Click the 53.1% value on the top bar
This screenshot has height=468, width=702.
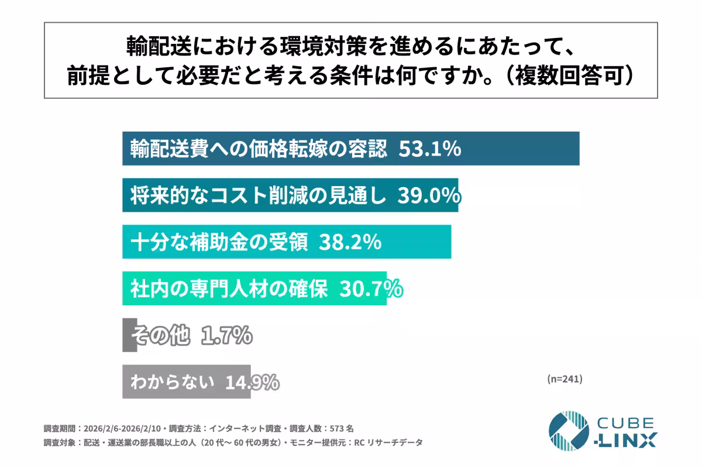tap(430, 149)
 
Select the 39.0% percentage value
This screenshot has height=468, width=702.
tap(429, 196)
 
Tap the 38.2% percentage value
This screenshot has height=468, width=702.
tap(350, 242)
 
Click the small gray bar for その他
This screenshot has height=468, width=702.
tap(129, 335)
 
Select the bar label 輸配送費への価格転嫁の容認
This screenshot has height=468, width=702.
tap(259, 149)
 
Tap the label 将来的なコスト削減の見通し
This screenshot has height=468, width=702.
tap(258, 196)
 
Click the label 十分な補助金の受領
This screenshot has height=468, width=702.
tap(219, 242)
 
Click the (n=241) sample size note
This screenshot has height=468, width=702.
tap(565, 379)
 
